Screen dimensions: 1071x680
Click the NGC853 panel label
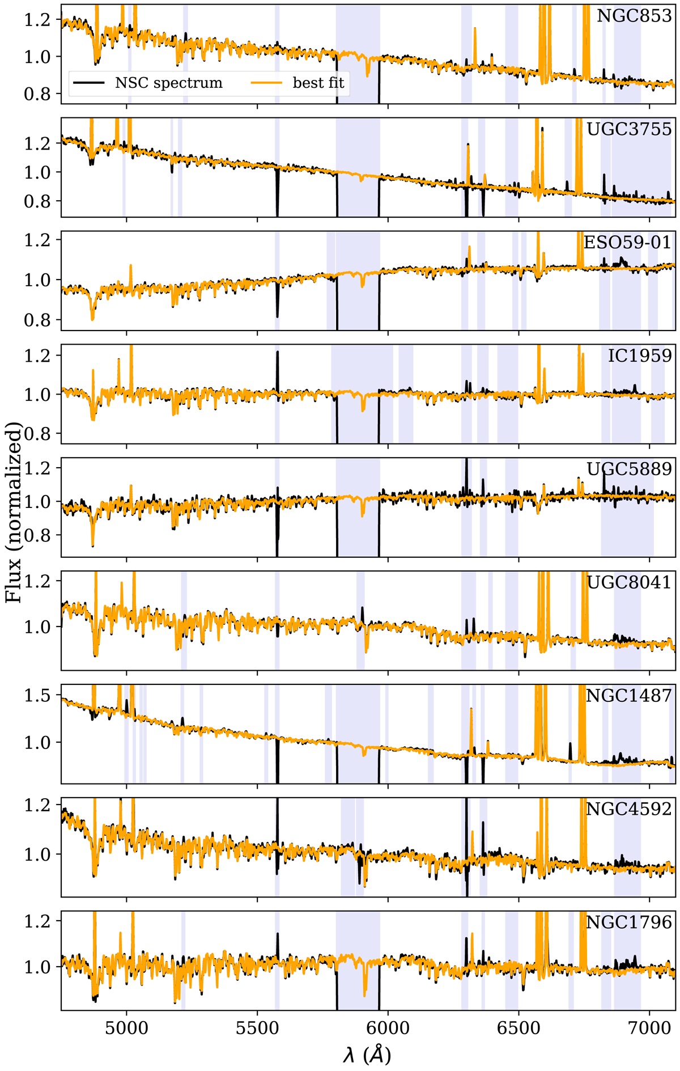pyautogui.click(x=634, y=16)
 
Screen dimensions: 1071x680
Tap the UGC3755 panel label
pyautogui.click(x=629, y=129)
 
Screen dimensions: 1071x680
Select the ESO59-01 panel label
pyautogui.click(x=627, y=243)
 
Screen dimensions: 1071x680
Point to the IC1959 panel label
pyautogui.click(x=640, y=356)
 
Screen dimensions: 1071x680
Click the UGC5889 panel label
pyautogui.click(x=629, y=469)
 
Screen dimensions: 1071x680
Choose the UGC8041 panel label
pyautogui.click(x=629, y=582)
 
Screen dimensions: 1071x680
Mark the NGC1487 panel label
pyautogui.click(x=628, y=696)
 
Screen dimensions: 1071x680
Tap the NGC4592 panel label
pyautogui.click(x=628, y=809)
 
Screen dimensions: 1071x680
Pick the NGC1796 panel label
pyautogui.click(x=628, y=922)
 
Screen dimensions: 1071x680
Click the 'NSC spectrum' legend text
pyautogui.click(x=169, y=83)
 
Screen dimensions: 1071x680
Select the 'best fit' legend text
pyautogui.click(x=318, y=83)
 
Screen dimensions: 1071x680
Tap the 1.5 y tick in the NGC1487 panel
pyautogui.click(x=36, y=696)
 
